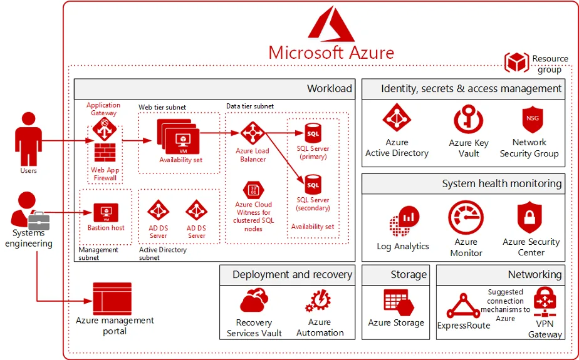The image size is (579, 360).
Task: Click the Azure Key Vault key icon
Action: [x=468, y=119]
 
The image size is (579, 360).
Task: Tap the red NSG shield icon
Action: [x=532, y=120]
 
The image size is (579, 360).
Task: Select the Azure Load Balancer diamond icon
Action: [x=253, y=133]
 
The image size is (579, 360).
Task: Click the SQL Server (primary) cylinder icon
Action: [x=313, y=133]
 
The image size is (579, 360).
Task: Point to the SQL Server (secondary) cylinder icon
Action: [x=313, y=185]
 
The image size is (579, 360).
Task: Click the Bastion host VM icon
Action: [x=106, y=213]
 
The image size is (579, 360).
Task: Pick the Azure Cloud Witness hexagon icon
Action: [x=253, y=190]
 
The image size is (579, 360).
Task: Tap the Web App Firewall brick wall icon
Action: [x=105, y=152]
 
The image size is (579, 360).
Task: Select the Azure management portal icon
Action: [x=112, y=299]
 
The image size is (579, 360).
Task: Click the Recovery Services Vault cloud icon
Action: [x=254, y=301]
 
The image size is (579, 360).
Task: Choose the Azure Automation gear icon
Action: [x=318, y=301]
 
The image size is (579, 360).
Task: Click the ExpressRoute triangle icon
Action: [x=463, y=306]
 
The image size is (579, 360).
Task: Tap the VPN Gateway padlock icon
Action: [x=545, y=302]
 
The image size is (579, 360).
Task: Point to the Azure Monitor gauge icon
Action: [x=466, y=218]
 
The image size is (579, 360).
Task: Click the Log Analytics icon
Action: [x=404, y=221]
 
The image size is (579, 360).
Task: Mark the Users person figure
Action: [x=28, y=139]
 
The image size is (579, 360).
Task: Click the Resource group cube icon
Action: [x=516, y=62]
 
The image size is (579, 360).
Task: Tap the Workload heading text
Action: [x=330, y=88]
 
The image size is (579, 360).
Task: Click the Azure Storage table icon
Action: [x=398, y=302]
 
